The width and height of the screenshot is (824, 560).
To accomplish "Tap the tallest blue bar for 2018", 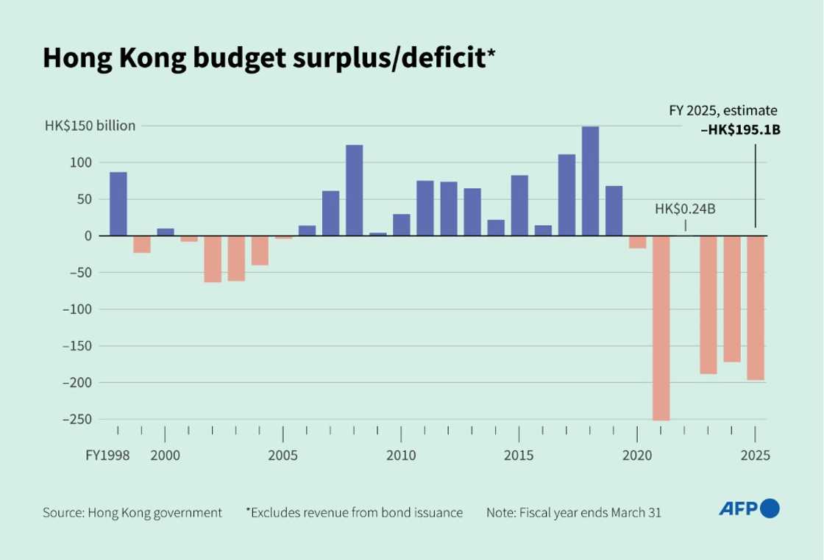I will tap(590, 181).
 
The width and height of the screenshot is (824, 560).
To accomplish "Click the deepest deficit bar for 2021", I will tap(661, 328).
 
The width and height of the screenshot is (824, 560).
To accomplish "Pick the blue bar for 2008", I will tap(354, 190).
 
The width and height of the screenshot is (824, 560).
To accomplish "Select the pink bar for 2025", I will tap(756, 307).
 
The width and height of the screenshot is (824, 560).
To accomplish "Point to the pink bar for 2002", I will tap(213, 259).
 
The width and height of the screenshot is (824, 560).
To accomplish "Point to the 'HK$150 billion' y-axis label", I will tap(90, 126).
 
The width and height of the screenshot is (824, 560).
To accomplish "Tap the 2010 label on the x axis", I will tap(401, 455).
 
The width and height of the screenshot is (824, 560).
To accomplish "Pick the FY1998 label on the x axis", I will tap(107, 455).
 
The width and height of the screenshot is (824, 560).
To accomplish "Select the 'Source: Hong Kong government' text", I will tap(132, 513).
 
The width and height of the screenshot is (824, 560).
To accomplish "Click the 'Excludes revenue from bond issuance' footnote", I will tap(355, 513).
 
